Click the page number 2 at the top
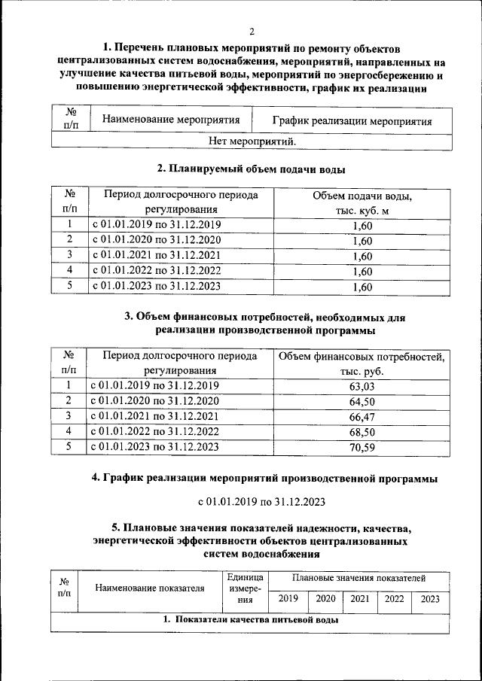[x=252, y=31]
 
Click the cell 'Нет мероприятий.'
[x=252, y=141]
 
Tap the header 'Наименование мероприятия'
[x=171, y=120]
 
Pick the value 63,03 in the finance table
[x=362, y=386]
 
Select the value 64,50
[x=362, y=401]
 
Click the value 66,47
[x=362, y=416]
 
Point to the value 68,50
[x=362, y=431]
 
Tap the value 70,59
[x=362, y=447]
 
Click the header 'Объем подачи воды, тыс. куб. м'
[x=362, y=203]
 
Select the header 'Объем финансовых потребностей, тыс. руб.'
[x=362, y=363]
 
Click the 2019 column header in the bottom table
[x=288, y=599]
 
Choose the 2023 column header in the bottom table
[x=431, y=599]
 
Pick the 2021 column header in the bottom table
[x=360, y=599]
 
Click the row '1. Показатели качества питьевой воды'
[x=251, y=621]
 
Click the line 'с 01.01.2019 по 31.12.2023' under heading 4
[x=252, y=500]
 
